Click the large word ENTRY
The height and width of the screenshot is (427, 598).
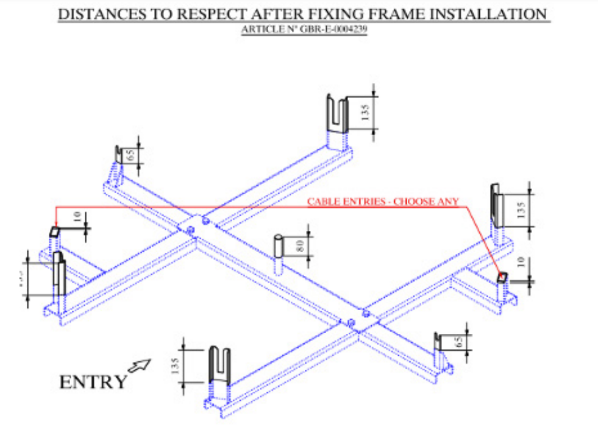(x=93, y=382)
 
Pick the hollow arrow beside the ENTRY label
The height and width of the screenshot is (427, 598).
(x=140, y=365)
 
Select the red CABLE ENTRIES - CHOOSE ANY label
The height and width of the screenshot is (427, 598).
(x=383, y=201)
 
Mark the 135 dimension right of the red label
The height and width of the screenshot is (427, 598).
(x=521, y=210)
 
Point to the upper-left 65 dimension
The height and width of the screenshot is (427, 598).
(x=130, y=155)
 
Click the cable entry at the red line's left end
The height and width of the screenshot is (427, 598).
(x=54, y=232)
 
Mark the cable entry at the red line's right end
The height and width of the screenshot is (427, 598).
(x=502, y=278)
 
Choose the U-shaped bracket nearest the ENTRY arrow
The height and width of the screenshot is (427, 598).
(x=219, y=362)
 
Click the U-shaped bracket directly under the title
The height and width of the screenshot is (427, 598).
(x=335, y=113)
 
